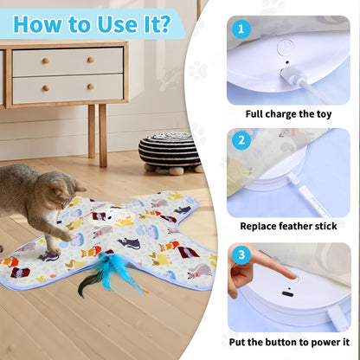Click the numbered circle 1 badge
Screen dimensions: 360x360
(x=242, y=29)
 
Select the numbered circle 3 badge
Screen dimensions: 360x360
(x=242, y=255)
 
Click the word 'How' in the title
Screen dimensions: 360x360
(x=43, y=22)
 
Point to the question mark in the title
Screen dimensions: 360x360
(x=164, y=22)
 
